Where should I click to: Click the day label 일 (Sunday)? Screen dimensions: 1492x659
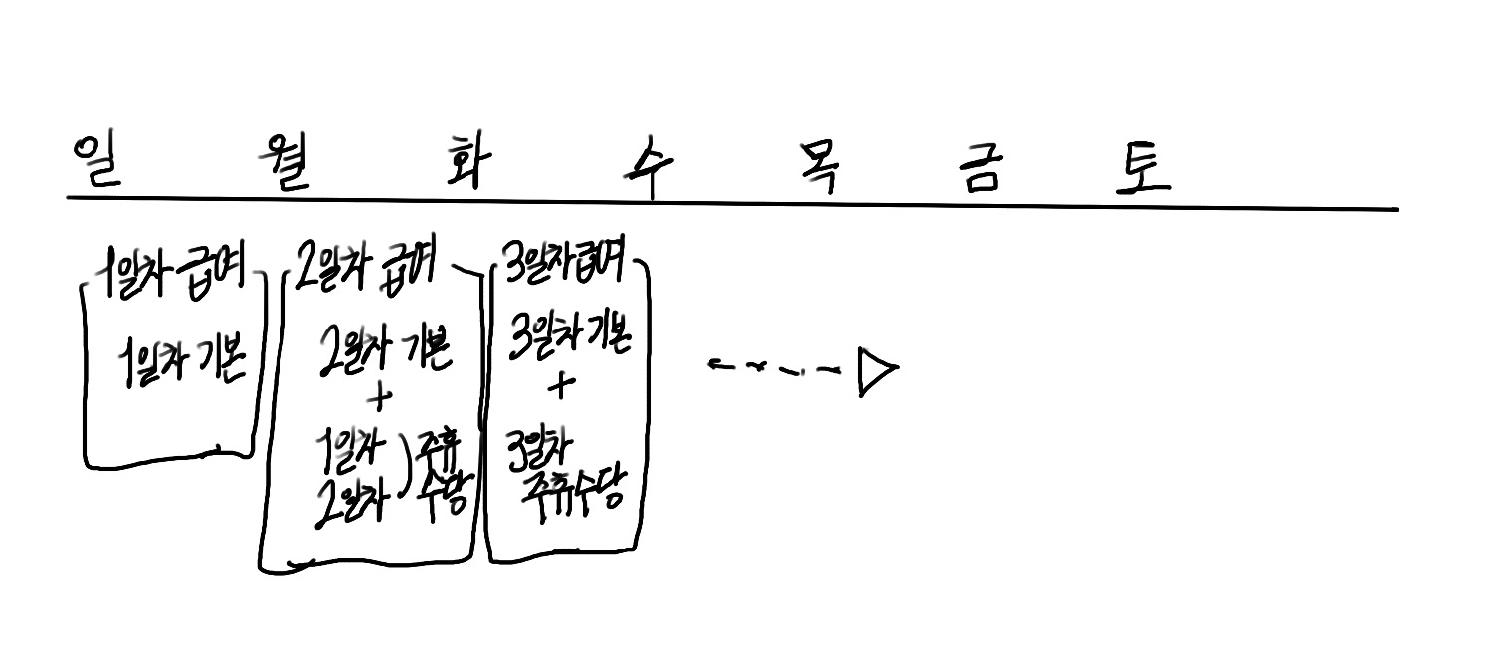pos(97,162)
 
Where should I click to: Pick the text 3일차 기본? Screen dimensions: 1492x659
pos(568,338)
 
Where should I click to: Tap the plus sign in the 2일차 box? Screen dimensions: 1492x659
pos(379,398)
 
